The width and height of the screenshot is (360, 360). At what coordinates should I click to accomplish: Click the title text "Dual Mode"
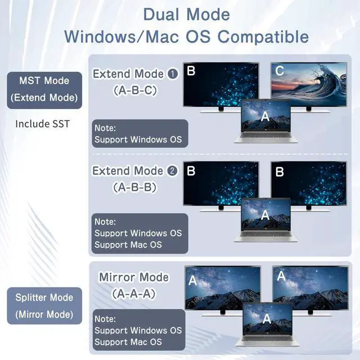(186, 14)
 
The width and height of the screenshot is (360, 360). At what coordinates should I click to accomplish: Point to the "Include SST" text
(43, 123)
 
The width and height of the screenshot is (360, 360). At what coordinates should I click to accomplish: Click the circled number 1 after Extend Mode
(173, 74)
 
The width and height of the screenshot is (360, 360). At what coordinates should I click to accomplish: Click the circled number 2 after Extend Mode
(173, 171)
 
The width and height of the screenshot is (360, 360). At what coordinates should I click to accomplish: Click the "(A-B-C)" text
(135, 89)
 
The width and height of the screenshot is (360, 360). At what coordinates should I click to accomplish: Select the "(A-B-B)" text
(135, 186)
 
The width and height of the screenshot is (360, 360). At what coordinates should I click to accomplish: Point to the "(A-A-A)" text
(134, 293)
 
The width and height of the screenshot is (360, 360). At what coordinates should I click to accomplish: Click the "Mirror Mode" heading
(134, 277)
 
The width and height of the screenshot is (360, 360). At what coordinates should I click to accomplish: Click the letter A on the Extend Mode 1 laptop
(265, 116)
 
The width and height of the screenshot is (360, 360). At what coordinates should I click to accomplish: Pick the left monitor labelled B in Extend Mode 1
(220, 84)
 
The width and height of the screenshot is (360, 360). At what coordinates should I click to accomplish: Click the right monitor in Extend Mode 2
(309, 183)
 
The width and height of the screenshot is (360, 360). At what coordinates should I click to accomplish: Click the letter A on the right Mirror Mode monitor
(281, 276)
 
